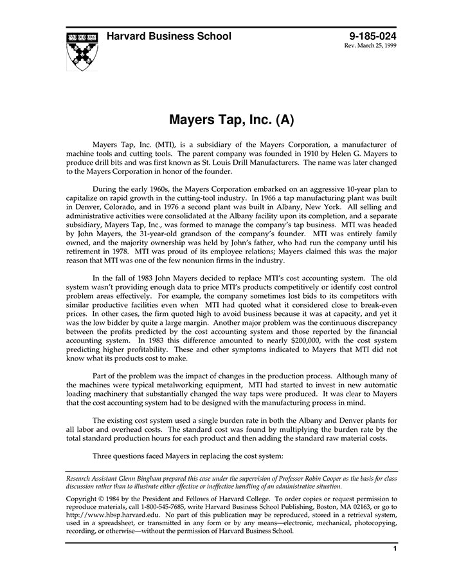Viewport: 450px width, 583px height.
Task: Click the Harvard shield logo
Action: click(82, 50)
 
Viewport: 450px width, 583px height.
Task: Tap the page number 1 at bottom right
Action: click(395, 549)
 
